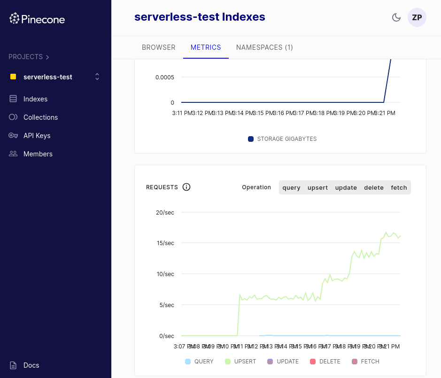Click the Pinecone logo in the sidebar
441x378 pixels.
[x=37, y=19]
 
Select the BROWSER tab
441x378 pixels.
[x=158, y=47]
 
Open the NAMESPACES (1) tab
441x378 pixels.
[x=264, y=47]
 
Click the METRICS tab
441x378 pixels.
[x=206, y=47]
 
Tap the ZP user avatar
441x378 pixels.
[x=417, y=17]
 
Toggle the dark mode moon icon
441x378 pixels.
[x=396, y=17]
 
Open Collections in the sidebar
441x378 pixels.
[x=40, y=117]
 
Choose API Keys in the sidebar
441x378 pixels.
[x=37, y=136]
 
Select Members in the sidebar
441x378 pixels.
[x=38, y=154]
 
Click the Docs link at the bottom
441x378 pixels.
[x=31, y=365]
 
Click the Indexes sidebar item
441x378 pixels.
[x=35, y=99]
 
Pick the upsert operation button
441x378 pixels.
[x=317, y=187]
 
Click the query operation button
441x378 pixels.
[x=291, y=187]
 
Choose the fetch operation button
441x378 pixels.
[x=399, y=187]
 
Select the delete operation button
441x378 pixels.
[x=374, y=187]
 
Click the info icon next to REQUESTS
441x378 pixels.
[x=186, y=187]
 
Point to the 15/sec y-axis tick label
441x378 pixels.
[x=165, y=243]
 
